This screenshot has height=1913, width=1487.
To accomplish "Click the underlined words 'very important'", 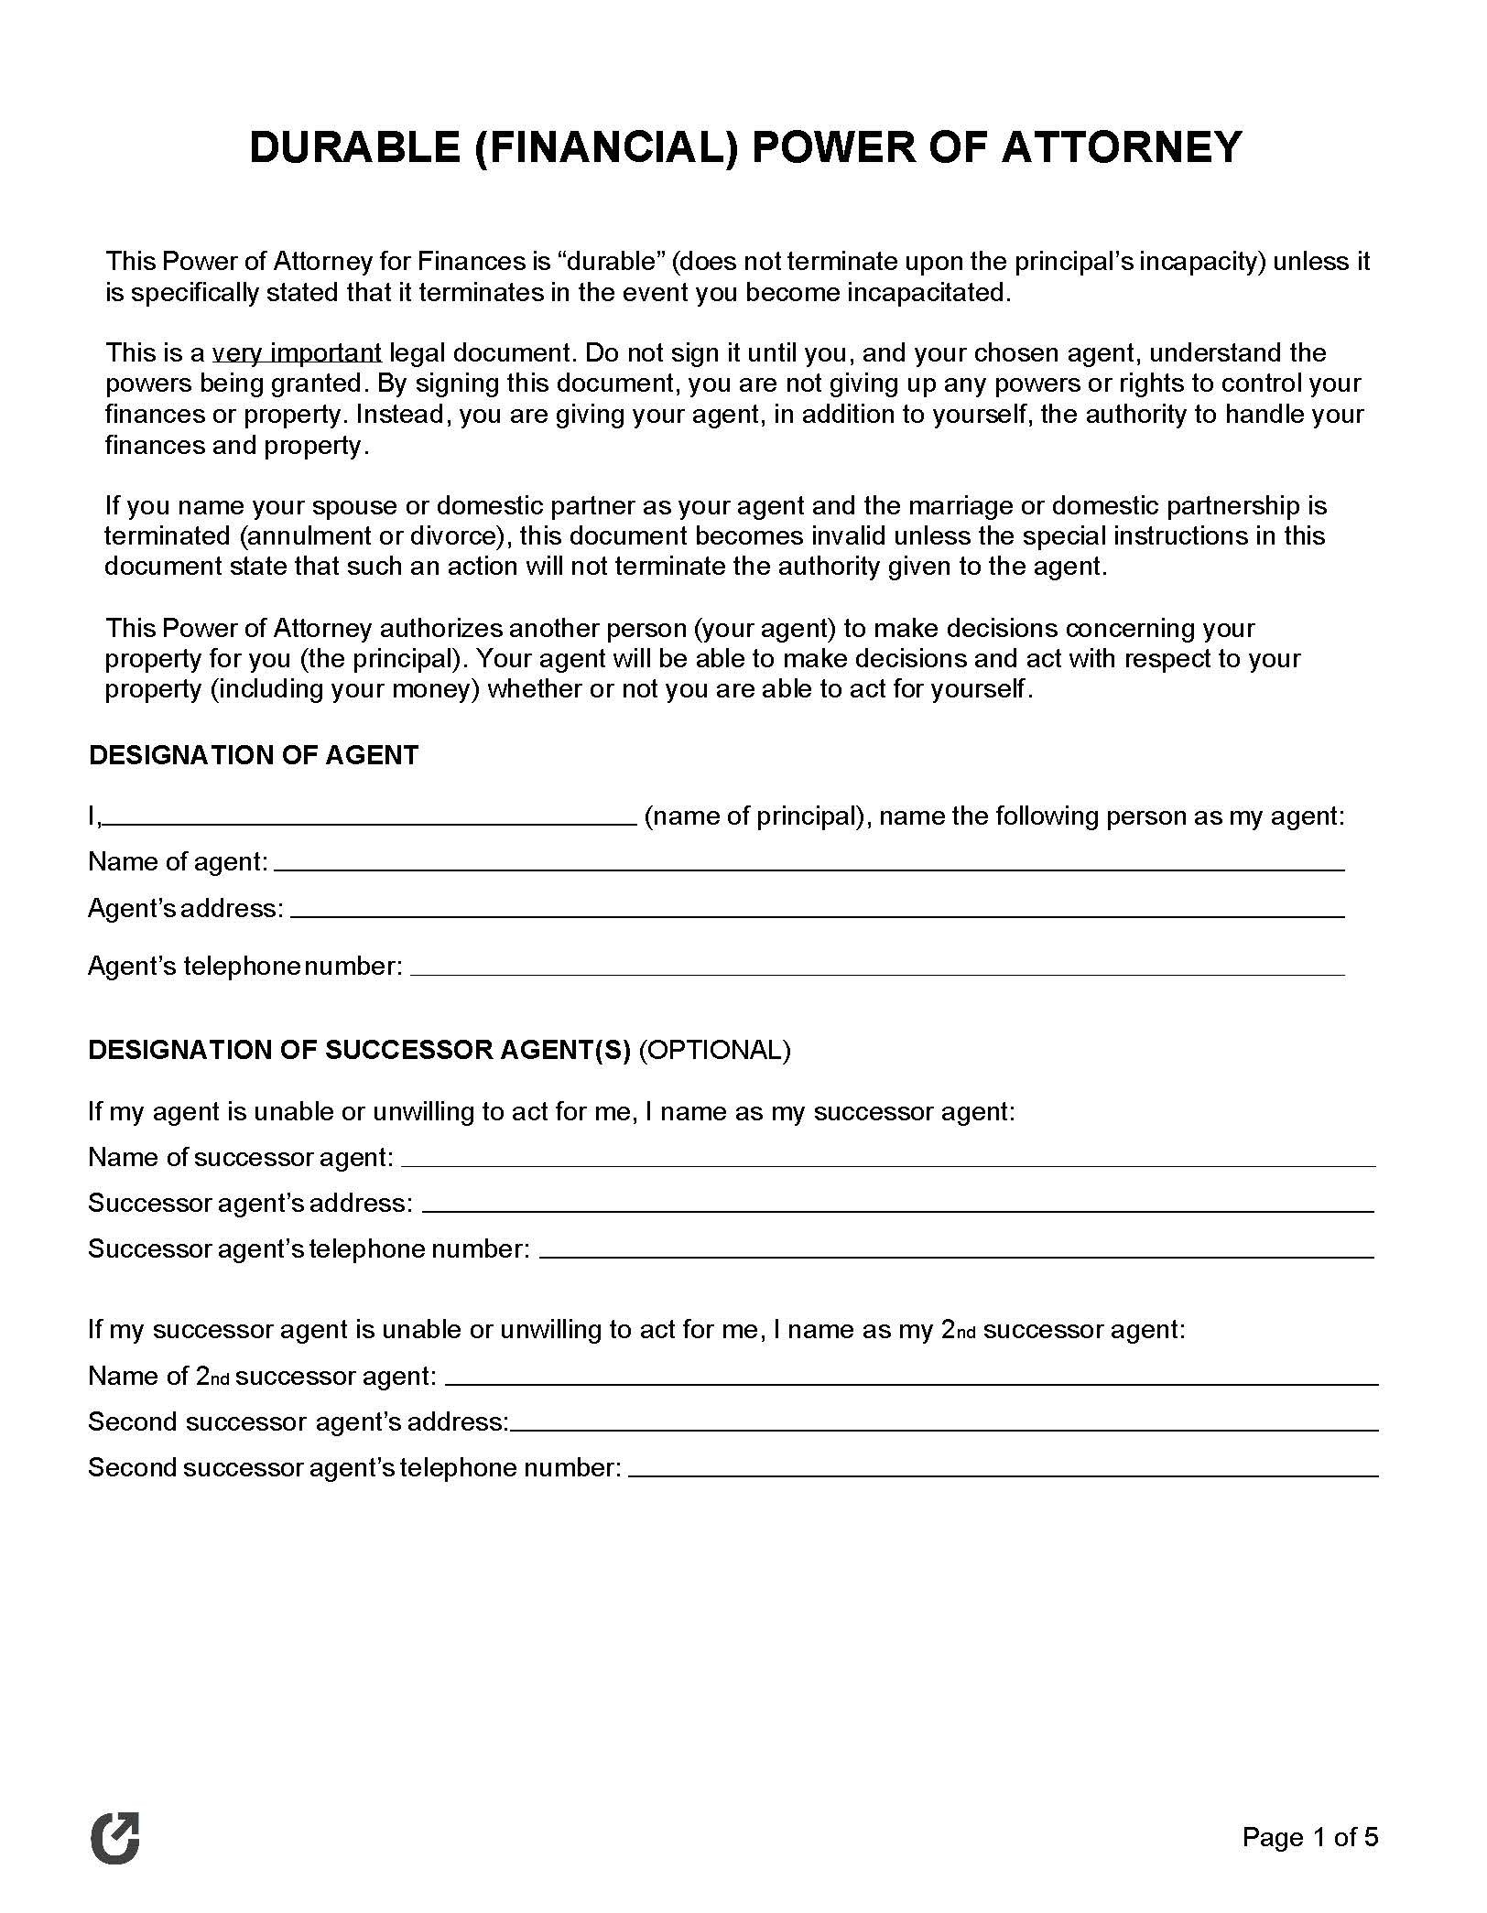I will (x=297, y=352).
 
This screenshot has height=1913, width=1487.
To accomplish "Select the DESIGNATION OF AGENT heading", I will (x=254, y=755).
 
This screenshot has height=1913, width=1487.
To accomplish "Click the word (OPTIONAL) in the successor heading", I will (x=714, y=1050).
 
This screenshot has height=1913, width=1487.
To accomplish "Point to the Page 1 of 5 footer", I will (x=1309, y=1837).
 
